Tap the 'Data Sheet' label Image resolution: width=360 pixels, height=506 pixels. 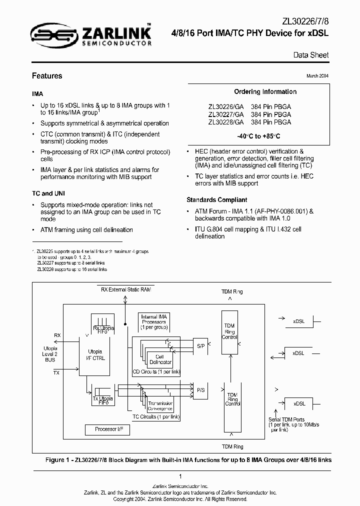[x=311, y=55]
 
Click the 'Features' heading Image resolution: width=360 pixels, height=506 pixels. [x=47, y=76]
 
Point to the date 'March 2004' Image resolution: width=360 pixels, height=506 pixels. [x=317, y=75]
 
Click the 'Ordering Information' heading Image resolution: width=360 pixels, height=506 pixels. [x=265, y=92]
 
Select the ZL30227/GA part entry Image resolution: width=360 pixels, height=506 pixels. [x=226, y=114]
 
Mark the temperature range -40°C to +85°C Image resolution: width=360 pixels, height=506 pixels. [x=258, y=136]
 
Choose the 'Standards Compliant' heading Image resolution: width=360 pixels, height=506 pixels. [x=216, y=199]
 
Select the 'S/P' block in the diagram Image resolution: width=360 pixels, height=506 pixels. [x=200, y=345]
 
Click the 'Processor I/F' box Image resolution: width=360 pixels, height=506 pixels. [x=105, y=429]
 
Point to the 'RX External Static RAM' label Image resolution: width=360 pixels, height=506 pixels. [x=126, y=289]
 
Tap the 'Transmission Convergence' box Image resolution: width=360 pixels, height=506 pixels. [x=159, y=406]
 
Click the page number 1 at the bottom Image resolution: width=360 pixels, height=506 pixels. [x=180, y=476]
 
